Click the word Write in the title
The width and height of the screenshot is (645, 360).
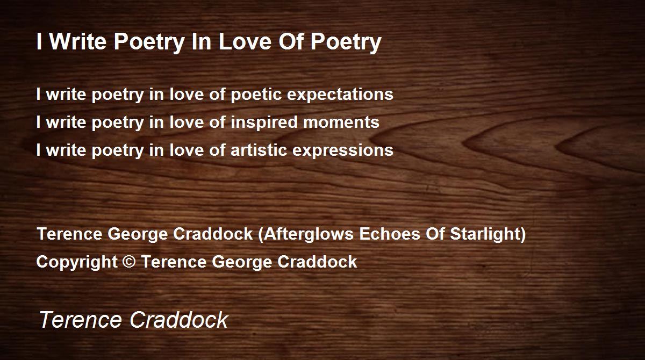[78, 41]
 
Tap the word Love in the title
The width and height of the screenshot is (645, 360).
[245, 41]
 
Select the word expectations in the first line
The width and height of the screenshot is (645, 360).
[340, 95]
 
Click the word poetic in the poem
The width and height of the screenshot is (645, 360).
[256, 95]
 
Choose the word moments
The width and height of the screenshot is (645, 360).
[341, 123]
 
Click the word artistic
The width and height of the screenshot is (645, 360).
[259, 150]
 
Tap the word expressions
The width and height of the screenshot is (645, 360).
[343, 151]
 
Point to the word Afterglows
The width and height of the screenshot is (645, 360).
[309, 234]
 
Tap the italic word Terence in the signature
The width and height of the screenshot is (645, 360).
[80, 320]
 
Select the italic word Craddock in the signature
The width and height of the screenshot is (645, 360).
[179, 320]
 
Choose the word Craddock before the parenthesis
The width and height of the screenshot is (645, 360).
[213, 234]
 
